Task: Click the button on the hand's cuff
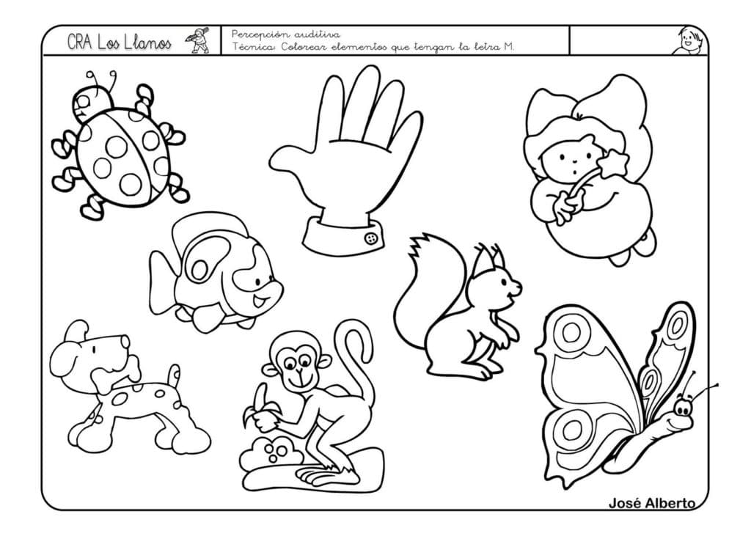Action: pos(372,238)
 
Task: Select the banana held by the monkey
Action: pos(261,404)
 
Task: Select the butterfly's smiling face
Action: pos(680,416)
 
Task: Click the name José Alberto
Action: pos(651,503)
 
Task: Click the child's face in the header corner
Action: pos(688,41)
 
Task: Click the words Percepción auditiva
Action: pos(286,34)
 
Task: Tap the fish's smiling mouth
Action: pos(259,302)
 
